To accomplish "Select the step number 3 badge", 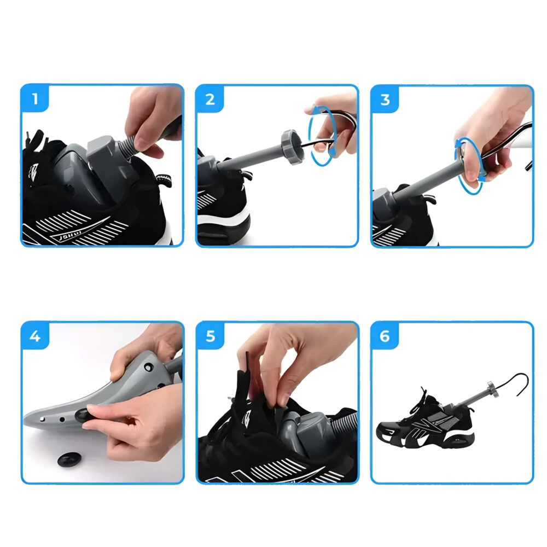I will (385, 100).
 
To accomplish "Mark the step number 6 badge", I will (385, 336).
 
